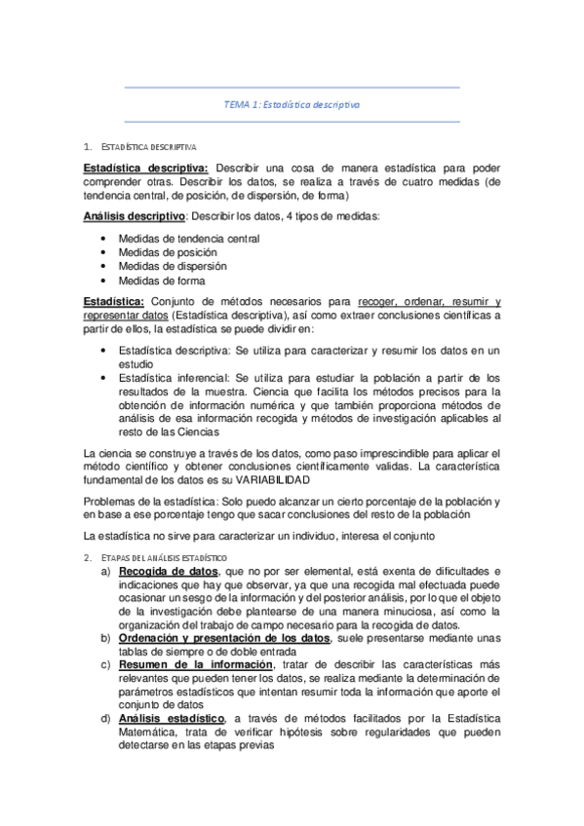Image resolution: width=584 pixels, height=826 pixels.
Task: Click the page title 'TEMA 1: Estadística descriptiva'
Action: [x=292, y=104]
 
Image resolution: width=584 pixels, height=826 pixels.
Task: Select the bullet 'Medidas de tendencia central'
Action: [x=188, y=238]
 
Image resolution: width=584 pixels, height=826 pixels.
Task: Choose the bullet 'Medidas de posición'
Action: [x=168, y=251]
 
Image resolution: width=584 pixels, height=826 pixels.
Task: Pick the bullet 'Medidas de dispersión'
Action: [x=173, y=266]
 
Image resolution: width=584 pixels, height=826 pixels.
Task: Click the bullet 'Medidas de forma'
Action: [x=162, y=281]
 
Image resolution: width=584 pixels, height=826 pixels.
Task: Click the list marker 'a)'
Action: [x=105, y=570]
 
